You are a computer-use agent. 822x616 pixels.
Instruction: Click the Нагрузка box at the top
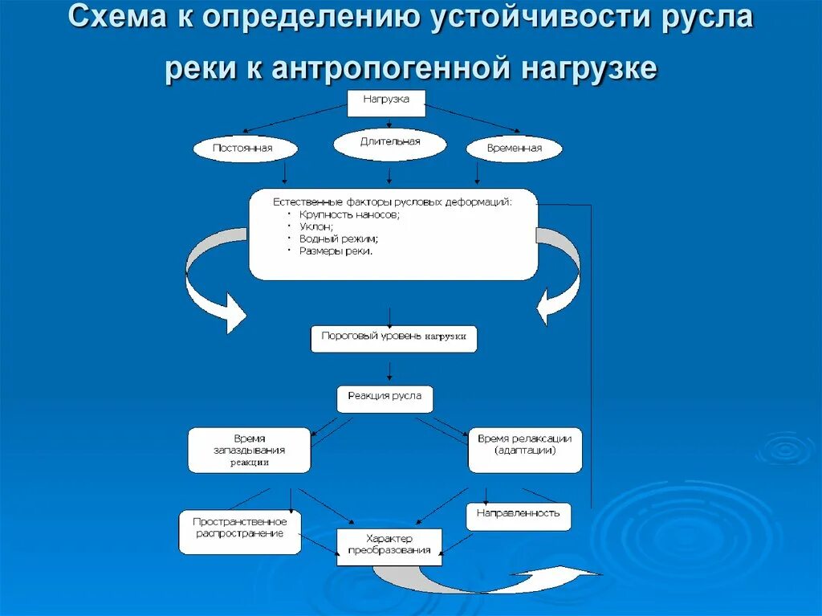[x=386, y=103]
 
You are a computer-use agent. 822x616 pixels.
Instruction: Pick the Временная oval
[x=514, y=149]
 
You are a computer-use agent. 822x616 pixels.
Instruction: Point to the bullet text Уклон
[x=316, y=227]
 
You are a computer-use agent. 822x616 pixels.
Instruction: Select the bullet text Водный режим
[x=339, y=239]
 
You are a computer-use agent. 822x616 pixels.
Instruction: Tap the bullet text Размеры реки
[x=336, y=251]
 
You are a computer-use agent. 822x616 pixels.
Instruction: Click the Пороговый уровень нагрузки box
[x=393, y=338]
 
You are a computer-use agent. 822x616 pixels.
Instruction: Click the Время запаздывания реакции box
[x=249, y=450]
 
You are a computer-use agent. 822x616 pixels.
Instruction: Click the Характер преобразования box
[x=389, y=546]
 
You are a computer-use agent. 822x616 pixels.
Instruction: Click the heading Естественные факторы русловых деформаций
[x=392, y=202]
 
